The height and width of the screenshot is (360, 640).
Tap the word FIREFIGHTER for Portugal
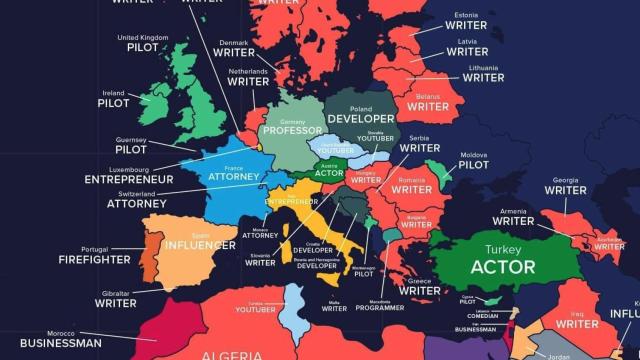[x=93, y=259]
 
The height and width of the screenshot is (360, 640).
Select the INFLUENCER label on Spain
[x=200, y=244]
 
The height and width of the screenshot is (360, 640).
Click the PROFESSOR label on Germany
[x=292, y=130]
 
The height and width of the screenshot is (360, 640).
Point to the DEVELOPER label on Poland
[x=361, y=119]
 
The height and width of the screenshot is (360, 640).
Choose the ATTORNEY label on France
[x=233, y=177]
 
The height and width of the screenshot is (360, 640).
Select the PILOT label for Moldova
[x=474, y=165]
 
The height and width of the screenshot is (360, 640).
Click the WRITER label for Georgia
[x=566, y=190]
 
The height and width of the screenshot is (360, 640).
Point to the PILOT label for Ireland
[x=113, y=102]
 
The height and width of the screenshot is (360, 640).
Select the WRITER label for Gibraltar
[x=115, y=303]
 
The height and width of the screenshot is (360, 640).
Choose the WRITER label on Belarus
[x=428, y=106]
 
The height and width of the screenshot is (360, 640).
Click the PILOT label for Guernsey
[x=131, y=149]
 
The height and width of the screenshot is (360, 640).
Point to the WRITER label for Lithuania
[x=483, y=77]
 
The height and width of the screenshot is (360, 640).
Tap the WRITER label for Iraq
[x=577, y=324]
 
